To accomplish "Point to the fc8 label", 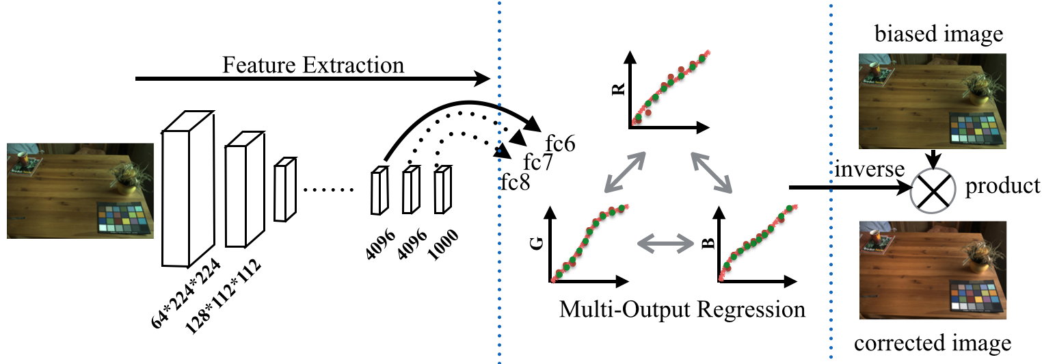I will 514,183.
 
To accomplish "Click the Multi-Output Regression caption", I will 682,309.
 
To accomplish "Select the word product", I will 1003,186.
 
